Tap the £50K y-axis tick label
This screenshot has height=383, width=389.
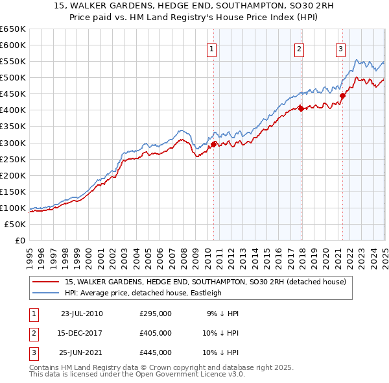(16, 224)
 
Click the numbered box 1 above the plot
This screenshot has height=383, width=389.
(213, 47)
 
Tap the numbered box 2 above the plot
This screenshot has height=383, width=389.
(299, 47)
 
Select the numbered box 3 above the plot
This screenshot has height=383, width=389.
(340, 47)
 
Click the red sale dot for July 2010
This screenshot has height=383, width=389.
(213, 144)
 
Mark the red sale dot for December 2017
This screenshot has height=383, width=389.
(301, 108)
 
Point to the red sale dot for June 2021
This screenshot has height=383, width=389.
(342, 95)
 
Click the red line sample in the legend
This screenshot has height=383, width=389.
(45, 282)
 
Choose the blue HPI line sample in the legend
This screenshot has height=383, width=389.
(45, 293)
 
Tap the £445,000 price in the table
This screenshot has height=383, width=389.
(156, 352)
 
